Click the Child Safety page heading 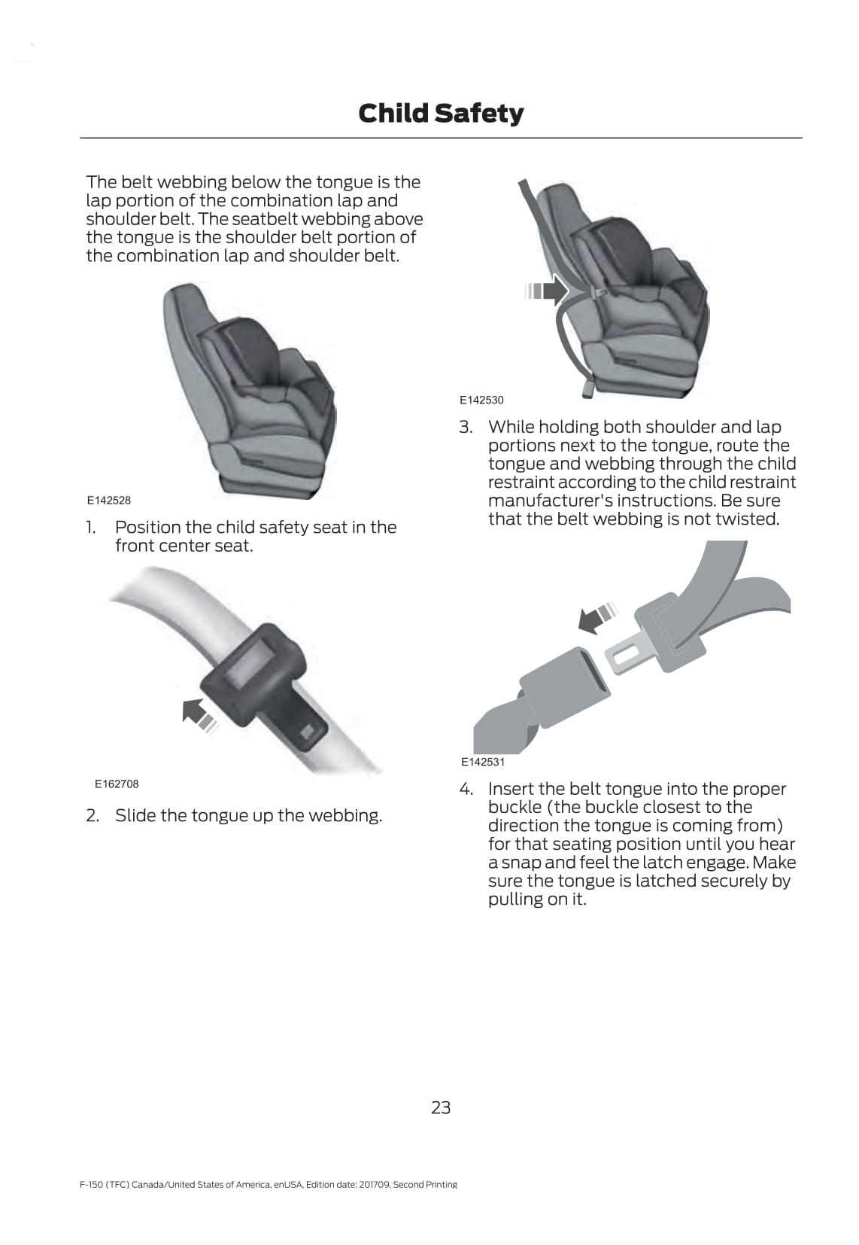[x=441, y=114]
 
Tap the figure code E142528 [x=109, y=501]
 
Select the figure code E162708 [x=117, y=784]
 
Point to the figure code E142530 [x=481, y=400]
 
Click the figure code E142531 [x=482, y=762]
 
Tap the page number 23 [x=441, y=1108]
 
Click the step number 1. [x=90, y=527]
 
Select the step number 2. [x=93, y=815]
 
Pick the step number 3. [x=466, y=427]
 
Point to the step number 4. [x=466, y=789]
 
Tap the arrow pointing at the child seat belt [x=546, y=291]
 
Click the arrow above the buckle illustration [x=597, y=617]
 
